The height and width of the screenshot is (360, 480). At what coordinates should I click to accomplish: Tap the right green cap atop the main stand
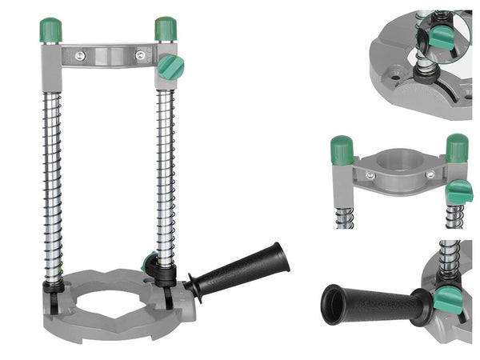166,29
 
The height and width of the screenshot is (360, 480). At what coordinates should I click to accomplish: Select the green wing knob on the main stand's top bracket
170,66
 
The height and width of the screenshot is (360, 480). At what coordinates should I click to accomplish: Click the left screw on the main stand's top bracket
79,56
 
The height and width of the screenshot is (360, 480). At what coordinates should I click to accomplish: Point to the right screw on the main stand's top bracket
142,56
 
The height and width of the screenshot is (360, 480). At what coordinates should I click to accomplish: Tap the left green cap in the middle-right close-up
342,150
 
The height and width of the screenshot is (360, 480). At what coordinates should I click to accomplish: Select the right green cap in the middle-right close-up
457,148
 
